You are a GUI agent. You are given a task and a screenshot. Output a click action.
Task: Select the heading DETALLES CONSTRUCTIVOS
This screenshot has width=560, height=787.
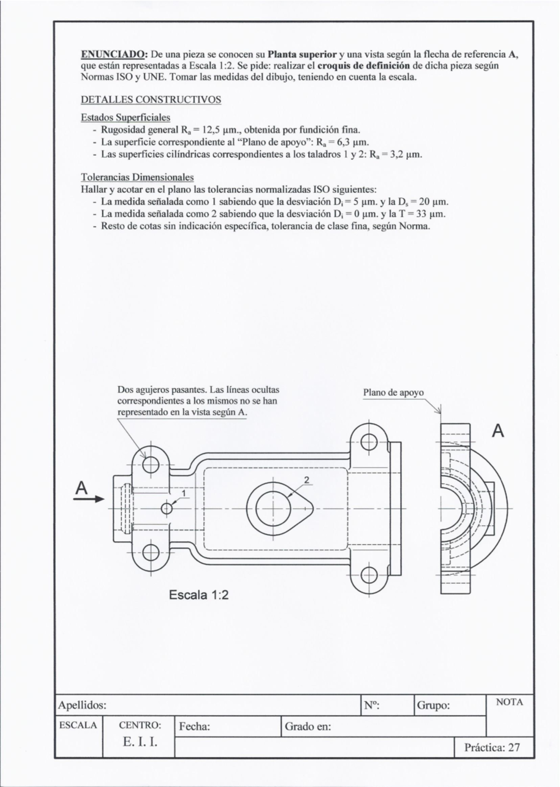coord(151,100)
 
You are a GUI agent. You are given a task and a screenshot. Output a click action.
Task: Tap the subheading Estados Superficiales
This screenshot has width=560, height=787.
coord(126,117)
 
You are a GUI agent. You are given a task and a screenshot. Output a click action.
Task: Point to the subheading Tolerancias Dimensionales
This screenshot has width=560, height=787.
coord(137,177)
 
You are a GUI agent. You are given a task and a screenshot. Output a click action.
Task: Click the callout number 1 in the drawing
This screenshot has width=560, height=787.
coord(184,493)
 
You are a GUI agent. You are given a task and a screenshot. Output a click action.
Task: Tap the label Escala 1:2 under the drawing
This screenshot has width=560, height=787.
coord(199,595)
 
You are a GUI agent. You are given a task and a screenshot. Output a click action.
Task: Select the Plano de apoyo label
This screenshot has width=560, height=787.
coord(393,393)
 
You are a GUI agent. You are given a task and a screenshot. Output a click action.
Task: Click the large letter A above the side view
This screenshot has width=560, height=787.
coord(498,432)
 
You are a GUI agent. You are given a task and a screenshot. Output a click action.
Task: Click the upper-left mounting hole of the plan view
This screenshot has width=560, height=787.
coord(151,464)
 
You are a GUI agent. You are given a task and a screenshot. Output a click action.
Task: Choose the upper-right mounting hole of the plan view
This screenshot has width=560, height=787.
coord(369,441)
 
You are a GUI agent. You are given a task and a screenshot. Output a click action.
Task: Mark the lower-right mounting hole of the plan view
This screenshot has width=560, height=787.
coord(369,573)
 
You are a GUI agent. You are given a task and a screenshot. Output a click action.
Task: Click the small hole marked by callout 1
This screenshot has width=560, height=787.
coord(167,508)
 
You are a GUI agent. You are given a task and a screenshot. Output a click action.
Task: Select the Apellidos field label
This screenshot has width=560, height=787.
coord(82,705)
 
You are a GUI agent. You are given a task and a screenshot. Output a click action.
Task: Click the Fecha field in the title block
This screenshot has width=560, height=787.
coord(194,726)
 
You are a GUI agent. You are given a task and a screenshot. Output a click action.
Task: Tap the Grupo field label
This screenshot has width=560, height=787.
coord(433,705)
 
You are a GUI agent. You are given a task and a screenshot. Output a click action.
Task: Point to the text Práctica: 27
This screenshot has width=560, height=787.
coord(492,747)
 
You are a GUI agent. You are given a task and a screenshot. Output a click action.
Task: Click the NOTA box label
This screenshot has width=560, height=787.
coord(510,702)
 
